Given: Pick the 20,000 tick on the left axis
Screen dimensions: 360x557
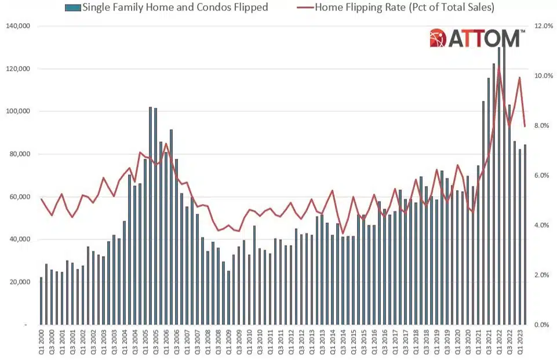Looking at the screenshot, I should (20, 282).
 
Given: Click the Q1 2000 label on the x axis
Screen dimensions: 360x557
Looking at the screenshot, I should (41, 343).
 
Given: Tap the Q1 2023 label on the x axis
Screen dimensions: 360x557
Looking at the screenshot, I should (520, 343).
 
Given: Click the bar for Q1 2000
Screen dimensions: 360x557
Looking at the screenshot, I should (41, 301).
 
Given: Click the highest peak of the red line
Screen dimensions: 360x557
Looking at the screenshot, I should (498, 67).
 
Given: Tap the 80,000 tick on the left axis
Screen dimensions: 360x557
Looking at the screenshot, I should (20, 154).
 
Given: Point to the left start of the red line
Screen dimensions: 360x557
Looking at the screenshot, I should (41, 199).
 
